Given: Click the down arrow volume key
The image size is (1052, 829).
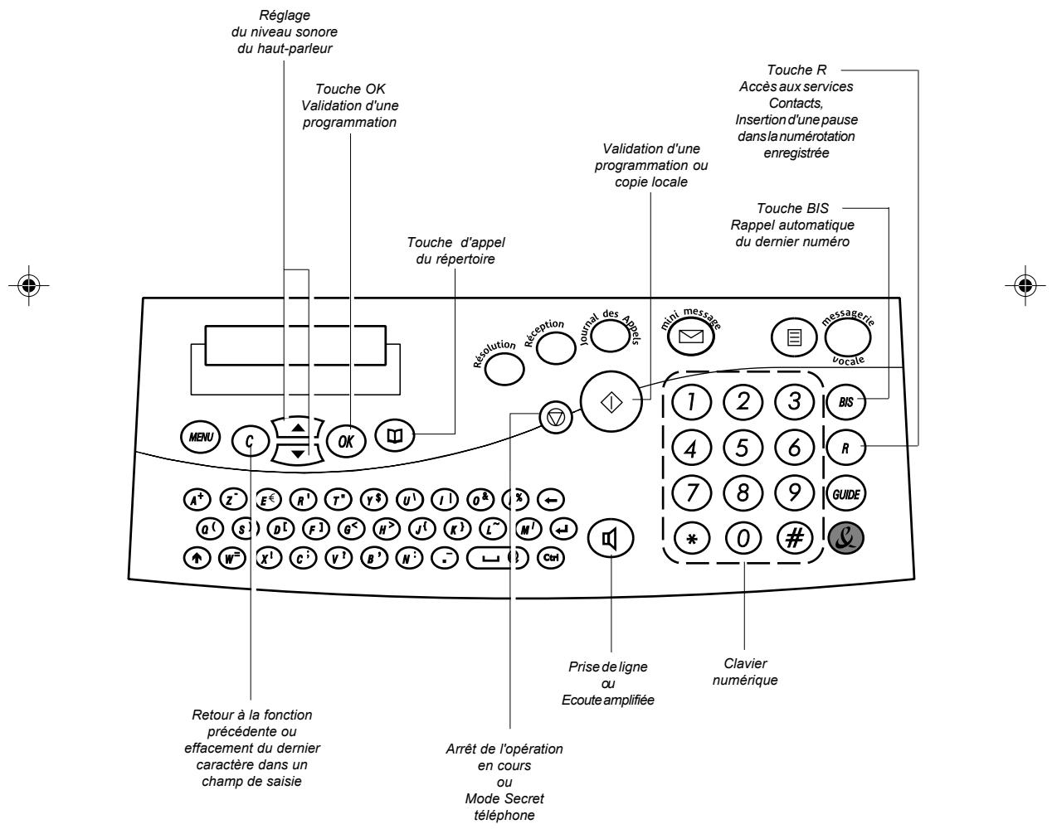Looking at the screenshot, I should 299,453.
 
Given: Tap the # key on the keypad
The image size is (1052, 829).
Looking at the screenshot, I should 795,538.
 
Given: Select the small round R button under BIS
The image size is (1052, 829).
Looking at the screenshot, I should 845,448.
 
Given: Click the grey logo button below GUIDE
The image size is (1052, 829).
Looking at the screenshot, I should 845,538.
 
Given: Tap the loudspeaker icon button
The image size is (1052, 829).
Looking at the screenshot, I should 611,538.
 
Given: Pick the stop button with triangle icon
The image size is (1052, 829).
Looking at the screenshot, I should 555,418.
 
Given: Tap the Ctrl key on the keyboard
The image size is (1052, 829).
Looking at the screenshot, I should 550,558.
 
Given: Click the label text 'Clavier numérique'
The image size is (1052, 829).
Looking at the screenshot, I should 745,672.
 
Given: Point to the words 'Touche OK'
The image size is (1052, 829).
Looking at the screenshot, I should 350,89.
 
